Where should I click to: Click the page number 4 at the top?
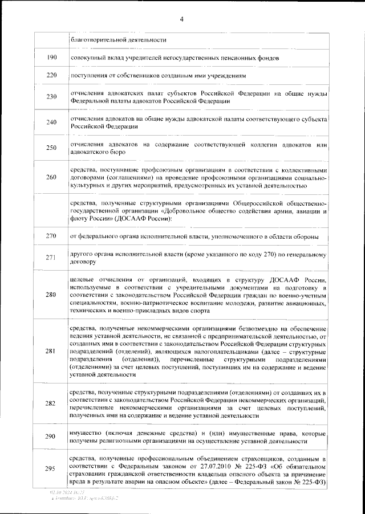click(x=181, y=19)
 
